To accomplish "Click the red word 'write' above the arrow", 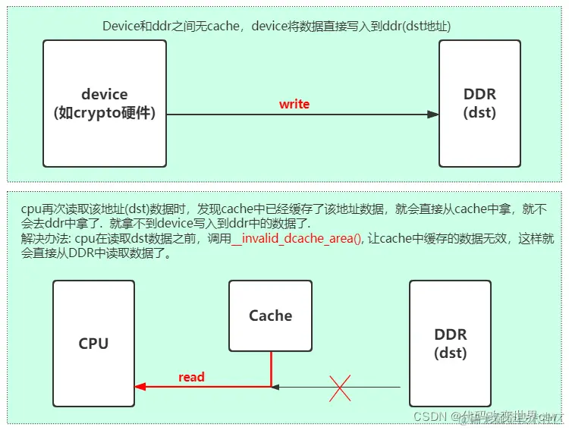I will (x=294, y=104).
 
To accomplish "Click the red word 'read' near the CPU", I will (x=191, y=376).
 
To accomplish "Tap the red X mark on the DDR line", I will (x=339, y=388).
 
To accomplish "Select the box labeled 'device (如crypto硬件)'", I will (x=105, y=103).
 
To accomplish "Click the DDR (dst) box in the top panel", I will (x=479, y=103).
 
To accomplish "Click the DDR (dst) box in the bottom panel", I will (x=450, y=343).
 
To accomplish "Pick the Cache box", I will (x=270, y=315).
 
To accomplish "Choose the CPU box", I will (x=93, y=343).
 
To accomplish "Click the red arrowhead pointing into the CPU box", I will (x=140, y=387).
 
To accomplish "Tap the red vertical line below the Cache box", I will (x=271, y=368).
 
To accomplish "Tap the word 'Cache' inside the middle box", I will (x=270, y=315).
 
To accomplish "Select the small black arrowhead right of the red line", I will (x=276, y=387).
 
